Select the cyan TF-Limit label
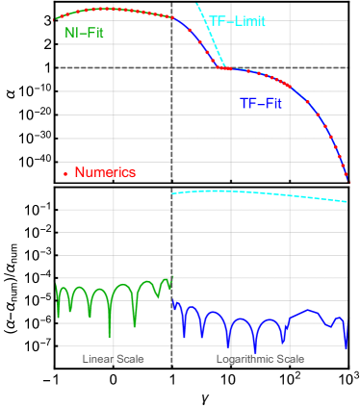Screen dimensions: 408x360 click(238, 21)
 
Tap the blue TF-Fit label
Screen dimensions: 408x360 click(261, 102)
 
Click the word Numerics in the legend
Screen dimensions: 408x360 click(105, 173)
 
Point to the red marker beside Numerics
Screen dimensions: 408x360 click(65, 174)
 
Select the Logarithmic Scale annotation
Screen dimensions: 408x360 click(259, 359)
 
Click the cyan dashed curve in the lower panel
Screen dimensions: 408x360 click(260, 193)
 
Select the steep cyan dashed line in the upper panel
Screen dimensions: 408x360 click(210, 38)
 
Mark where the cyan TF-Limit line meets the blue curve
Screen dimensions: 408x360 click(225, 68)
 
